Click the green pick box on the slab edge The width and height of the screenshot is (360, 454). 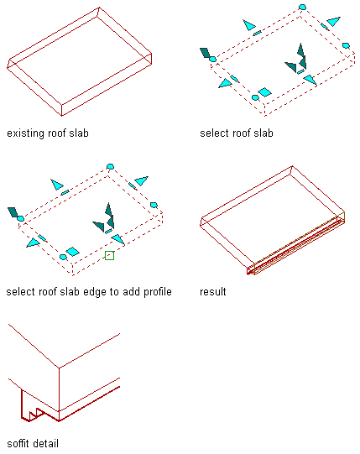point(109,255)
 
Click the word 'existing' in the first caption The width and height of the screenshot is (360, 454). point(24,133)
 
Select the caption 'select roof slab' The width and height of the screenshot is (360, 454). point(237,133)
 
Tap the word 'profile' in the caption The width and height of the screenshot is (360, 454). point(158,292)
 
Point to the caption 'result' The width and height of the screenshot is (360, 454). point(213,292)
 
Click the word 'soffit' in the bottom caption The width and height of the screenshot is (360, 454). point(18,443)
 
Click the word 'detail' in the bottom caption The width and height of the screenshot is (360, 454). point(46,443)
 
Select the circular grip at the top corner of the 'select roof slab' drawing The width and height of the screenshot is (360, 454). point(302,7)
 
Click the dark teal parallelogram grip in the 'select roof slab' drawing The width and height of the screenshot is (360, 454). point(205,53)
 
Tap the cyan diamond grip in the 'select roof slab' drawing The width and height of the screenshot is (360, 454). point(264,92)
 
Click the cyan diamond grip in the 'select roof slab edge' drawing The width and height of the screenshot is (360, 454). point(72,251)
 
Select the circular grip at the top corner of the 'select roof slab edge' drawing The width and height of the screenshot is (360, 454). point(110,166)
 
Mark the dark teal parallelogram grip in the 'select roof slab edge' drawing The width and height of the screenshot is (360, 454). point(13,212)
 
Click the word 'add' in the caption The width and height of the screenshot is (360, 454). point(132,292)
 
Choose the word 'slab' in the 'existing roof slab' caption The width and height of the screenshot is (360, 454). point(79,133)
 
